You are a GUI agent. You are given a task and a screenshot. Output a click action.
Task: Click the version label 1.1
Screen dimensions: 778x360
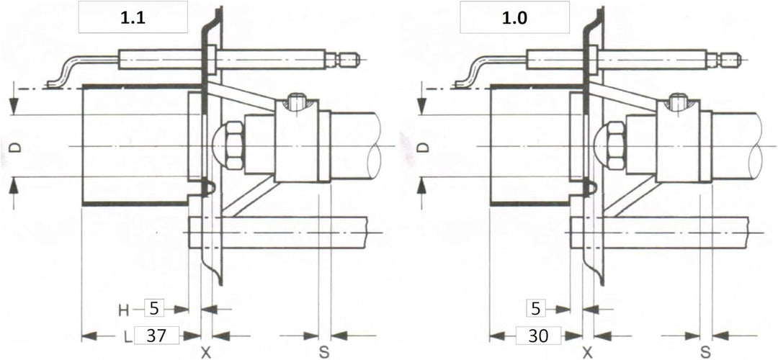coord(133,17)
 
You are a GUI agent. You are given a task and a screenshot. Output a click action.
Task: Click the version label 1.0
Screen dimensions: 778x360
coord(514,17)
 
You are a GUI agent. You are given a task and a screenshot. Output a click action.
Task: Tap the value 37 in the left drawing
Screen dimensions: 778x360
coord(156,336)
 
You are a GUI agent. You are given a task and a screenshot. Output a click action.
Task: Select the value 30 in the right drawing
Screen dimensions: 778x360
coord(538,336)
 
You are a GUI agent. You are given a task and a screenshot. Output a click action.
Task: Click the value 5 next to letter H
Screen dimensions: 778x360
coord(153,309)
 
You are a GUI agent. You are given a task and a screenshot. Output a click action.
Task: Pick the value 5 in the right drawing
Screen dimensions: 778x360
coord(535,309)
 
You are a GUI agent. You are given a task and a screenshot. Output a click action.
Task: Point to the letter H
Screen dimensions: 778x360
coord(123,310)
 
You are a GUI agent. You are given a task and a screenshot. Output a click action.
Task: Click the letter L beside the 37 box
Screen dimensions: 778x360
coord(128,337)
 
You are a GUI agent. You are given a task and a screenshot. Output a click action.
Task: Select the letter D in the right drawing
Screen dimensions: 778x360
coord(421,148)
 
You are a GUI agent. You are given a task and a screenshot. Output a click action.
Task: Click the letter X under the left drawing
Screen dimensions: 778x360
coord(205,353)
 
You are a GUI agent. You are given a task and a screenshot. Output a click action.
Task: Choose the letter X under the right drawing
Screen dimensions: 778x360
coord(588,353)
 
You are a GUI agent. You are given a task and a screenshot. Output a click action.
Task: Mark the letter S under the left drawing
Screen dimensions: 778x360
coord(324,353)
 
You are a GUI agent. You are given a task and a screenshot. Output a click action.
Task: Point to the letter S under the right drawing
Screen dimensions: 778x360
coord(705,353)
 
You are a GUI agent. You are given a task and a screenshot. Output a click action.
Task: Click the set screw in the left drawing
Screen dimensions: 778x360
coord(296,103)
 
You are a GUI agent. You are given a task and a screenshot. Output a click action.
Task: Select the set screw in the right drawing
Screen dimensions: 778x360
coord(677,103)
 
